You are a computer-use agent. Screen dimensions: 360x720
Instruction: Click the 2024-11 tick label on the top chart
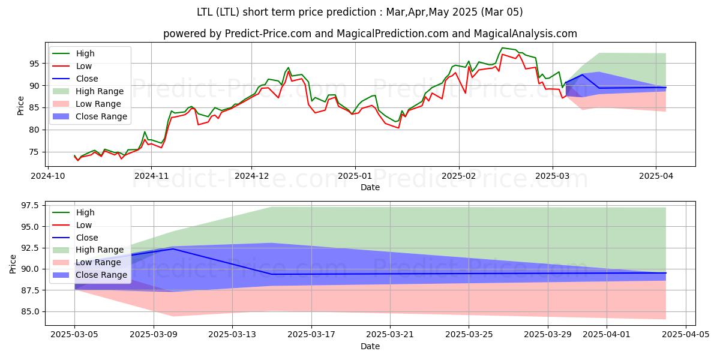[151, 176]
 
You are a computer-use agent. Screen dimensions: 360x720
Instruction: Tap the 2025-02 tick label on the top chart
[459, 176]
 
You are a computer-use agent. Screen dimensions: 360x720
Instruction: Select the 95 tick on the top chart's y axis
[35, 64]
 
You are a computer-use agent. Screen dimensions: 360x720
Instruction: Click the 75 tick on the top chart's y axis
[35, 152]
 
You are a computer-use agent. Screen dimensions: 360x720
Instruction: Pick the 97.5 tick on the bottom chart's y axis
[30, 205]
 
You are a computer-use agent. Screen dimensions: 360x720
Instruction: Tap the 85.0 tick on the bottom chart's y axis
[30, 311]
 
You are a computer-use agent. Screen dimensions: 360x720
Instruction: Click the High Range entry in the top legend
[99, 91]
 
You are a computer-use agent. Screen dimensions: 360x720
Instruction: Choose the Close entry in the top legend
[86, 79]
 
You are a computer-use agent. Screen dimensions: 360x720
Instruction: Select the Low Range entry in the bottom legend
[98, 262]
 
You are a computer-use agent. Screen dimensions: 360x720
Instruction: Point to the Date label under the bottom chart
[370, 346]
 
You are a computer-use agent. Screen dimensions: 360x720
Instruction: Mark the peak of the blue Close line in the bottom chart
[173, 248]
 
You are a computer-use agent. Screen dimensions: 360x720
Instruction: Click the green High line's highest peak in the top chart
[502, 48]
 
